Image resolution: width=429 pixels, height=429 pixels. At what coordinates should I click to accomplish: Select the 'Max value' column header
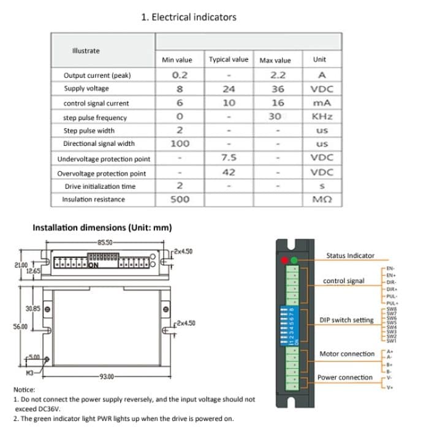click(x=275, y=60)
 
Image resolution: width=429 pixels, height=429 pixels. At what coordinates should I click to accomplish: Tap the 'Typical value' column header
click(x=229, y=59)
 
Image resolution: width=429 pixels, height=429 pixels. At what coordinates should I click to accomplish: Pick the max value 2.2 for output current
click(x=278, y=75)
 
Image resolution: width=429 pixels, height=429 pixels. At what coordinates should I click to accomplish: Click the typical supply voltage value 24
click(x=229, y=89)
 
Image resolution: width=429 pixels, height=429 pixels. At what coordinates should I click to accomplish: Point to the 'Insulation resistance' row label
click(x=93, y=199)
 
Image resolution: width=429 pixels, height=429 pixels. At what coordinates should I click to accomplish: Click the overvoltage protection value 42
click(x=229, y=172)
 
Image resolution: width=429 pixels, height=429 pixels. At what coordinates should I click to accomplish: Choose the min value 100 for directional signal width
click(x=180, y=143)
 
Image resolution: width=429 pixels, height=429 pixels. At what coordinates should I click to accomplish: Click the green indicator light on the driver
click(x=295, y=260)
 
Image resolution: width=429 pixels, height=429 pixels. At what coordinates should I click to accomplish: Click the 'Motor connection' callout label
click(x=346, y=354)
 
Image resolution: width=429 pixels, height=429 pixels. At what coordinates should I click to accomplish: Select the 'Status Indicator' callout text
click(x=350, y=256)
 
